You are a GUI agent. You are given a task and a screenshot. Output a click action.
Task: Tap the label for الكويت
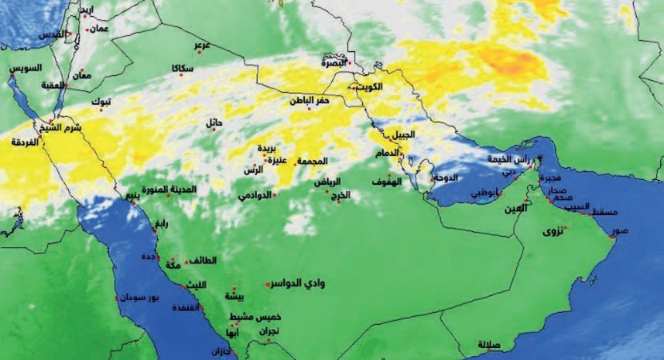tap(369, 86)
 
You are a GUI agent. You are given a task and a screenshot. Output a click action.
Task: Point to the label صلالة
tap(489, 345)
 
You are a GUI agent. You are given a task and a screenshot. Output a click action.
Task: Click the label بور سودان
tap(142, 298)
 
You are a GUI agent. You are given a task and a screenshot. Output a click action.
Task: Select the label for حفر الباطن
tap(309, 101)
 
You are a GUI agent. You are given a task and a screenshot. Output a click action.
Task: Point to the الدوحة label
tap(444, 178)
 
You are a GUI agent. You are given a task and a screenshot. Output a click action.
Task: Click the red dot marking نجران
tap(268, 340)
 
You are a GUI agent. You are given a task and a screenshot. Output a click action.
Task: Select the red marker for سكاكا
tap(181, 75)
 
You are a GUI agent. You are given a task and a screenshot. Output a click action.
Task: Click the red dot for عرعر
tap(202, 54)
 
